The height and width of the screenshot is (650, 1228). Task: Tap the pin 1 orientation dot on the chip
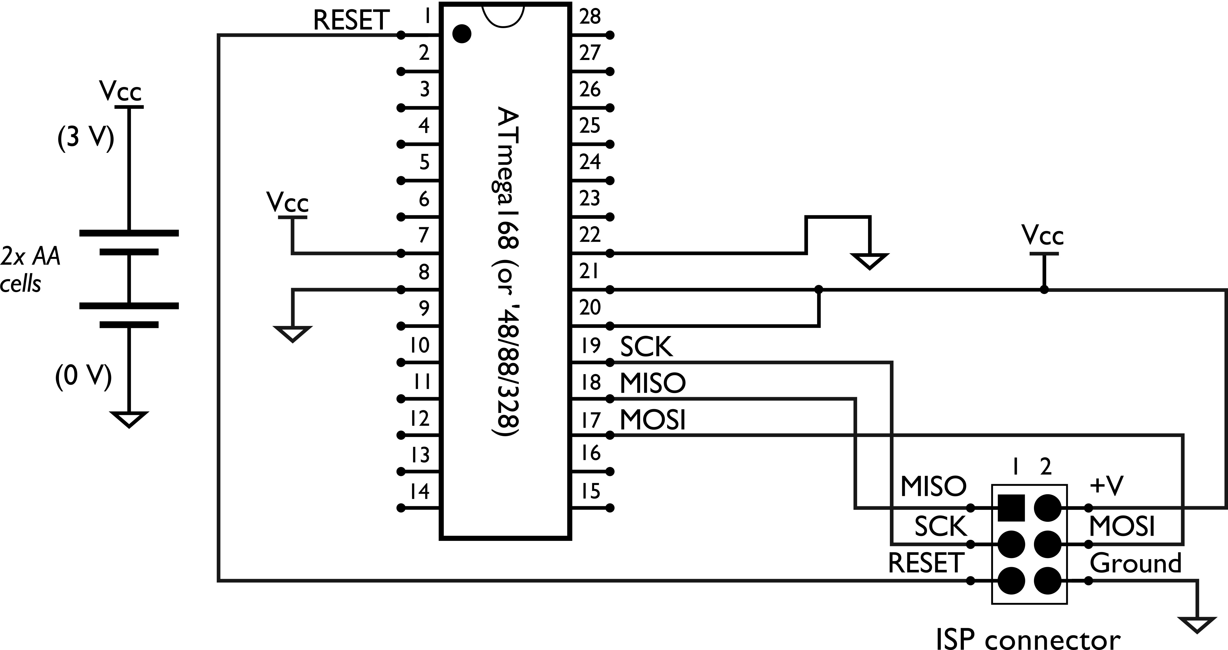461,34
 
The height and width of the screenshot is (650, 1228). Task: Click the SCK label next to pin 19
646,347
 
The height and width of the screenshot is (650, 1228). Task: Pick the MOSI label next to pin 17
652,420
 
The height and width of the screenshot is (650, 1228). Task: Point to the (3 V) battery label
86,139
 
